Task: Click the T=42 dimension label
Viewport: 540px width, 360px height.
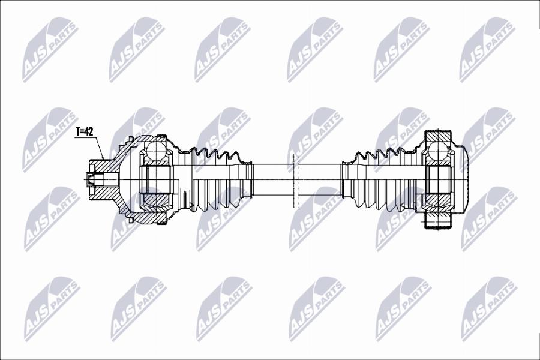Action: pyautogui.click(x=85, y=131)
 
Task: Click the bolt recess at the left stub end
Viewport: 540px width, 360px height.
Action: pyautogui.click(x=90, y=180)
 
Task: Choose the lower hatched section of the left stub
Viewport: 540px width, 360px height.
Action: pyautogui.click(x=103, y=193)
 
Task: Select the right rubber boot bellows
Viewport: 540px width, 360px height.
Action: pyautogui.click(x=379, y=180)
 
